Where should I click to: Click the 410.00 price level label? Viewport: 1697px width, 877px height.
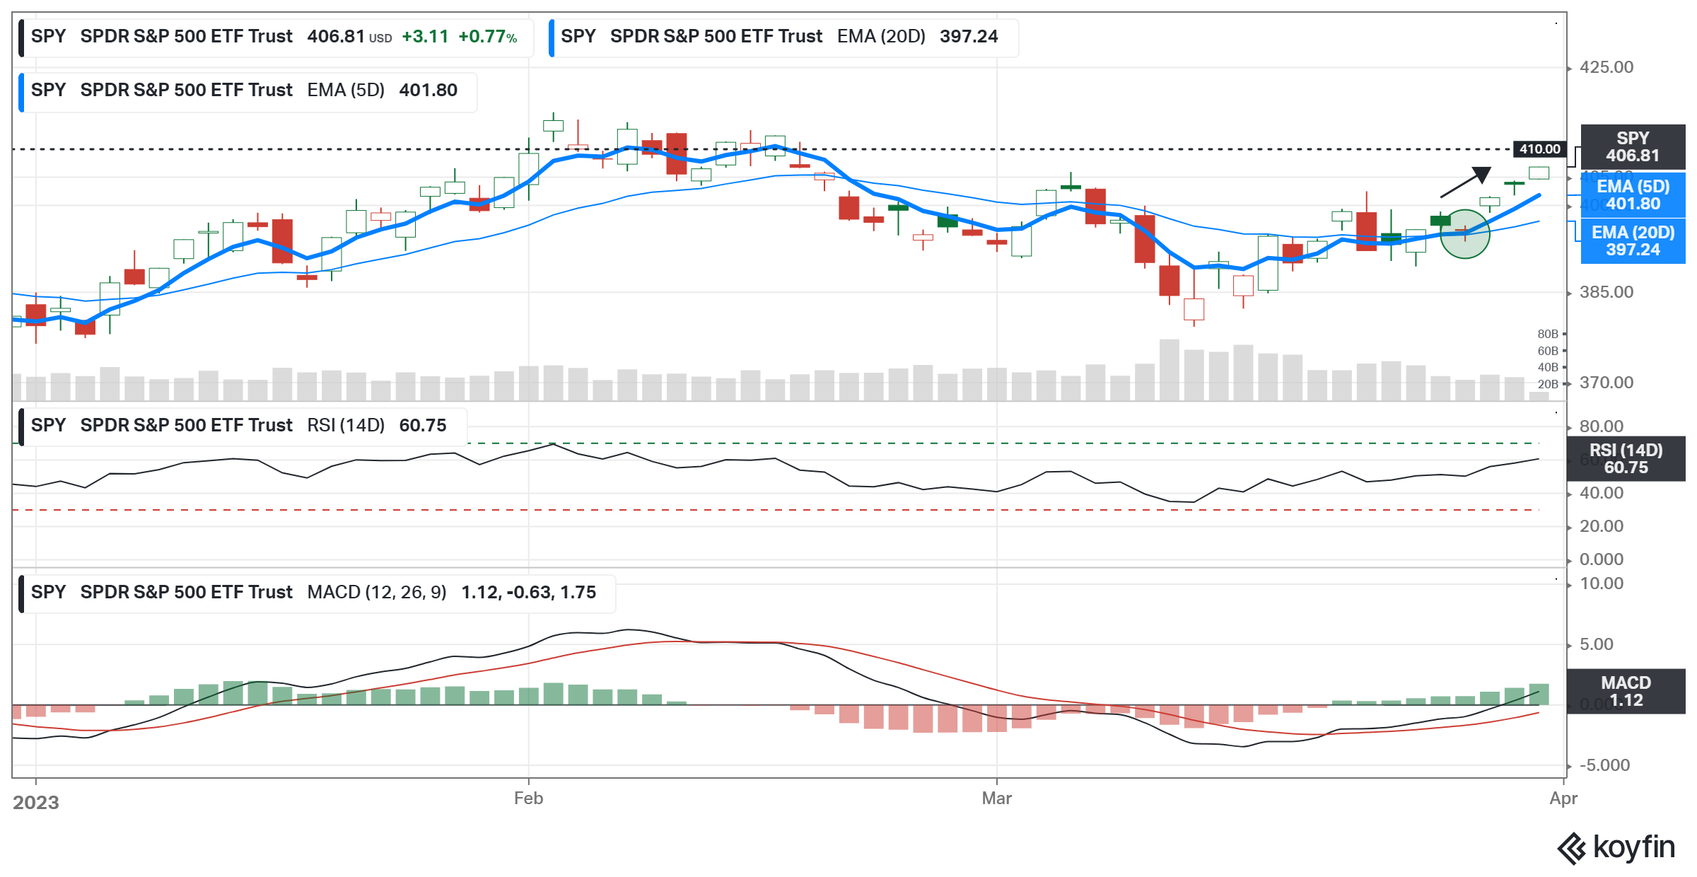tap(1539, 149)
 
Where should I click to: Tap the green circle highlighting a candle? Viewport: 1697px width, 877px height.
tap(1464, 233)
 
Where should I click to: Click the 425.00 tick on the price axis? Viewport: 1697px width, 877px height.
tap(1606, 67)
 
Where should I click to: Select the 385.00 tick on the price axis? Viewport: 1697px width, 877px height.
tap(1606, 292)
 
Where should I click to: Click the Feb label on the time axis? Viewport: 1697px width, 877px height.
tap(528, 798)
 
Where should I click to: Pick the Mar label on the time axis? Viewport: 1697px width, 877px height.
tap(996, 798)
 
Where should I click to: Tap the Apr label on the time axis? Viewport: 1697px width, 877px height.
tap(1563, 798)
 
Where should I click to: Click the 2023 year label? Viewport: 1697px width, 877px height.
tap(36, 803)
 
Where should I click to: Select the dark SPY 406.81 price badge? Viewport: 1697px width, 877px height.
tap(1633, 147)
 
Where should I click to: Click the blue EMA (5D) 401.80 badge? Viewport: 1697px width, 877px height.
tap(1633, 195)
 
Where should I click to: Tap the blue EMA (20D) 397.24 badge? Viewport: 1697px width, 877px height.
tap(1633, 241)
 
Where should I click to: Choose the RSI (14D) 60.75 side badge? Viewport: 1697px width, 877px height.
tap(1626, 459)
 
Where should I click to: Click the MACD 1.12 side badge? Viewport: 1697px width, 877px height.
tap(1626, 692)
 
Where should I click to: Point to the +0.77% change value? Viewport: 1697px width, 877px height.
tap(487, 37)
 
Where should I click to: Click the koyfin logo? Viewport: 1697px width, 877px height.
tap(1616, 847)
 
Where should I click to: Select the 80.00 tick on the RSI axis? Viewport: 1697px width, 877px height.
tap(1602, 426)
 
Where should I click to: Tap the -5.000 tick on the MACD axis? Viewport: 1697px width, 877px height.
tap(1604, 765)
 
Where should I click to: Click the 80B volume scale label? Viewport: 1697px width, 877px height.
tap(1548, 334)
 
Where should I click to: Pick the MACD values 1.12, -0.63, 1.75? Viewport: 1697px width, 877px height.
tap(528, 593)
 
